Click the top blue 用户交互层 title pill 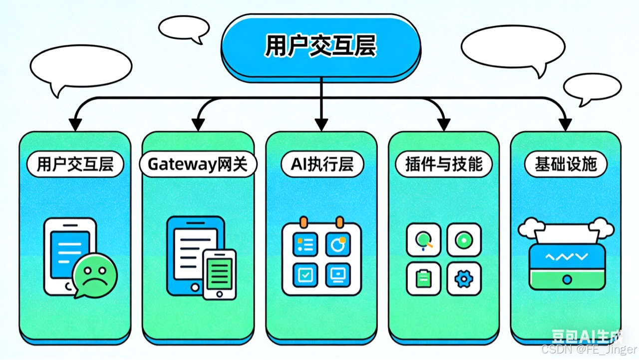tap(320, 46)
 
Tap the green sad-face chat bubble tap(95, 275)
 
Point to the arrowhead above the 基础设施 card tap(565, 124)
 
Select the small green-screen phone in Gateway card tap(219, 274)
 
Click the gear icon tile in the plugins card tap(464, 279)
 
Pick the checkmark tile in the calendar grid tap(304, 274)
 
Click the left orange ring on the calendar tap(302, 222)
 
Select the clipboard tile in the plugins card tap(423, 279)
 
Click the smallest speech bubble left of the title tap(184, 28)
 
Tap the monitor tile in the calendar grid tap(337, 274)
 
